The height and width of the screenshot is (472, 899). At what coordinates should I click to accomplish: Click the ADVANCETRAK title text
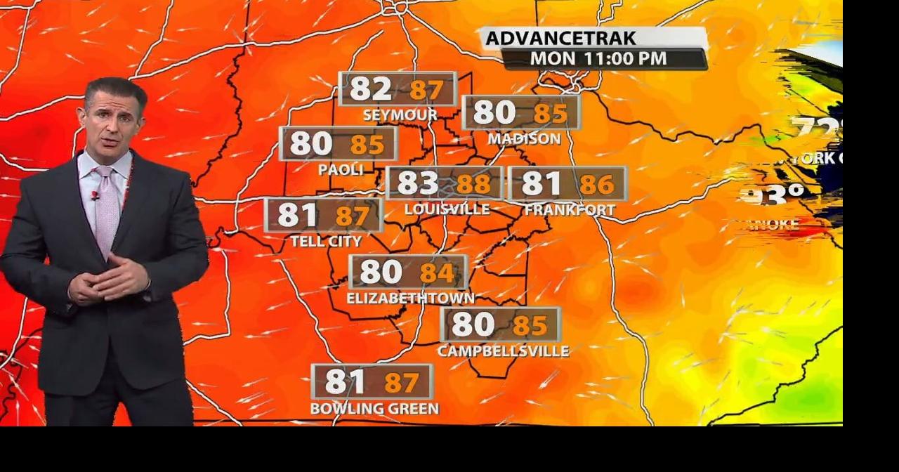point(551,38)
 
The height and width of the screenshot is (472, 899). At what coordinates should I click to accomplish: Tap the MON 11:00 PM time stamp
point(598,58)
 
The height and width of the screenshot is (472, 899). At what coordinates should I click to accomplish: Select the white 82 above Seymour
point(370,89)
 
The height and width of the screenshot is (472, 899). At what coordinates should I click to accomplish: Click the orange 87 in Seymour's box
point(426,90)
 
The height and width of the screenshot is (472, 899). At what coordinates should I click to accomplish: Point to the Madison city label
point(524,139)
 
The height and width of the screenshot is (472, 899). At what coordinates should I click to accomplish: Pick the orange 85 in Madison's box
point(550,113)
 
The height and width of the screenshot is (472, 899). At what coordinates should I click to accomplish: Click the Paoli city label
point(341,169)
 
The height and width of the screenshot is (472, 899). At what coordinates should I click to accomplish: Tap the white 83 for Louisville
point(418,183)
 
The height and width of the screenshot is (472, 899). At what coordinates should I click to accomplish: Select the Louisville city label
point(447,209)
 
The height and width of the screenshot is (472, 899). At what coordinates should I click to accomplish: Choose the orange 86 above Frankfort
point(597,185)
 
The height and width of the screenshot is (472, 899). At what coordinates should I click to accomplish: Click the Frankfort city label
point(570,210)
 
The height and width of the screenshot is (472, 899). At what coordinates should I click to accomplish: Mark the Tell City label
point(326,242)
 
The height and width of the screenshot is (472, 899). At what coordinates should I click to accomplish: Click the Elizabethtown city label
point(410,299)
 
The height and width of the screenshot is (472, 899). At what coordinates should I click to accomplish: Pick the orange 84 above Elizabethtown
point(438,273)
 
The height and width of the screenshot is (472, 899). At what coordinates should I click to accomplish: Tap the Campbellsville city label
point(503,350)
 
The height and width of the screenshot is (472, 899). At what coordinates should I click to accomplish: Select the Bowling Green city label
point(374,408)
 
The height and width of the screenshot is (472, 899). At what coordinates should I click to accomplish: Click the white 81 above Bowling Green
point(345,382)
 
